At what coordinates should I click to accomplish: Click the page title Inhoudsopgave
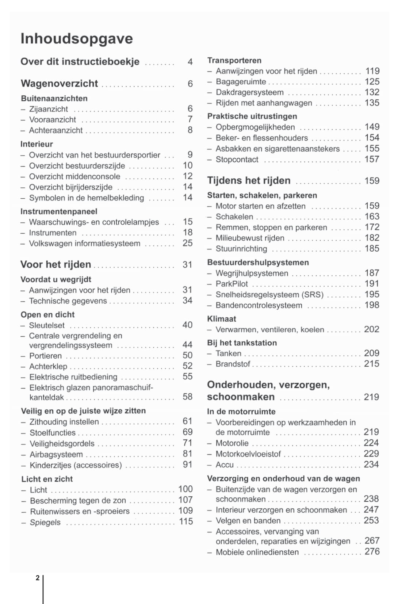[x=77, y=39]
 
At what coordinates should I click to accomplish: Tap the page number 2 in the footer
[x=38, y=578]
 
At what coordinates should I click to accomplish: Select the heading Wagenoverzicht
[x=60, y=84]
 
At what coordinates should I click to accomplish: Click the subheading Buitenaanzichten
[x=54, y=99]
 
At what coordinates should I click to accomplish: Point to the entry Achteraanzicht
[x=56, y=130]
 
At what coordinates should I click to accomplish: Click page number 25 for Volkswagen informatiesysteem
[x=188, y=243]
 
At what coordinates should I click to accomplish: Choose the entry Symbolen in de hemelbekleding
[x=87, y=198]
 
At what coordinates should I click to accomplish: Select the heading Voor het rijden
[x=56, y=264]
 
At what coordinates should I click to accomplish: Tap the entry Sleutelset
[x=47, y=325]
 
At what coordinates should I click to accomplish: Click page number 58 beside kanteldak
[x=188, y=397]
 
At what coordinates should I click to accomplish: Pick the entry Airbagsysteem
[x=56, y=454]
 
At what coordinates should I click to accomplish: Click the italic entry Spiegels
[x=45, y=523]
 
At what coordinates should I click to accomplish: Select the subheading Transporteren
[x=234, y=61]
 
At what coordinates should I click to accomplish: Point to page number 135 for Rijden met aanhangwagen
[x=372, y=103]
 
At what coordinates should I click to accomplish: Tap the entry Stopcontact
[x=237, y=160]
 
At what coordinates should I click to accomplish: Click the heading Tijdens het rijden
[x=249, y=181]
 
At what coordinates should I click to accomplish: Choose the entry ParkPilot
[x=232, y=284]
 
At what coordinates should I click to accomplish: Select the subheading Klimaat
[x=222, y=319]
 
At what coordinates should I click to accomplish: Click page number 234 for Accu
[x=371, y=465]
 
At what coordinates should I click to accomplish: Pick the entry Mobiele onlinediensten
[x=257, y=552]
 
